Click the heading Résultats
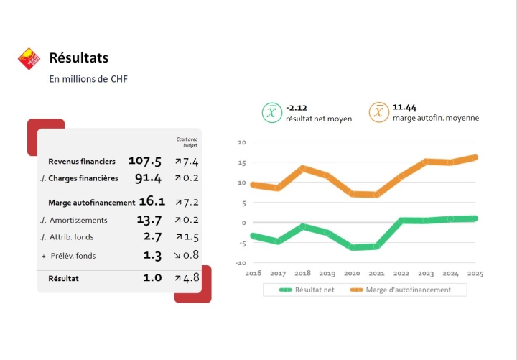(78, 57)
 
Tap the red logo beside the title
(29, 58)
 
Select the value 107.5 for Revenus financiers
(145, 161)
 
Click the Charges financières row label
(83, 178)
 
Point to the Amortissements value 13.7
(149, 220)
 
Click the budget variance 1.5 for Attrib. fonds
(190, 236)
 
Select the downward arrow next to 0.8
(177, 254)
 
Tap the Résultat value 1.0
(152, 277)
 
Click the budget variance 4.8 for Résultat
(190, 277)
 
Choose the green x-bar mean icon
(271, 112)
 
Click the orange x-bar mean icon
(379, 112)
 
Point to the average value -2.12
(297, 107)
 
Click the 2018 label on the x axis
(302, 274)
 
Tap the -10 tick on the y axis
(241, 263)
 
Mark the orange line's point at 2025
(475, 157)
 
